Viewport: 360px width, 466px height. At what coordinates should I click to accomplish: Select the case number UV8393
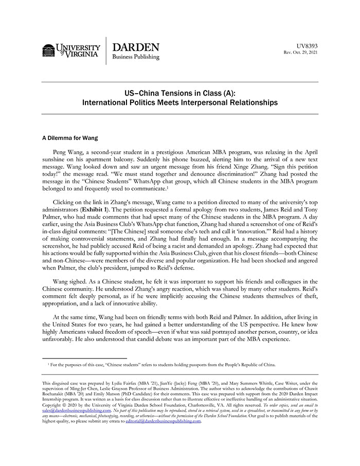tap(308, 46)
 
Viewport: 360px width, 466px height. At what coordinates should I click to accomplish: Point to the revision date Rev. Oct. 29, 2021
tap(301, 52)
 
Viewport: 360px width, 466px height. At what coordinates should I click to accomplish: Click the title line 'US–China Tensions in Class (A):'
tap(179, 93)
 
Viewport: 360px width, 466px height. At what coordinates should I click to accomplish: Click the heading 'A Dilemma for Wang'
tap(69, 138)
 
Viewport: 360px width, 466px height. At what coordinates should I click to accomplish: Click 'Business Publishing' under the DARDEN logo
tap(136, 57)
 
